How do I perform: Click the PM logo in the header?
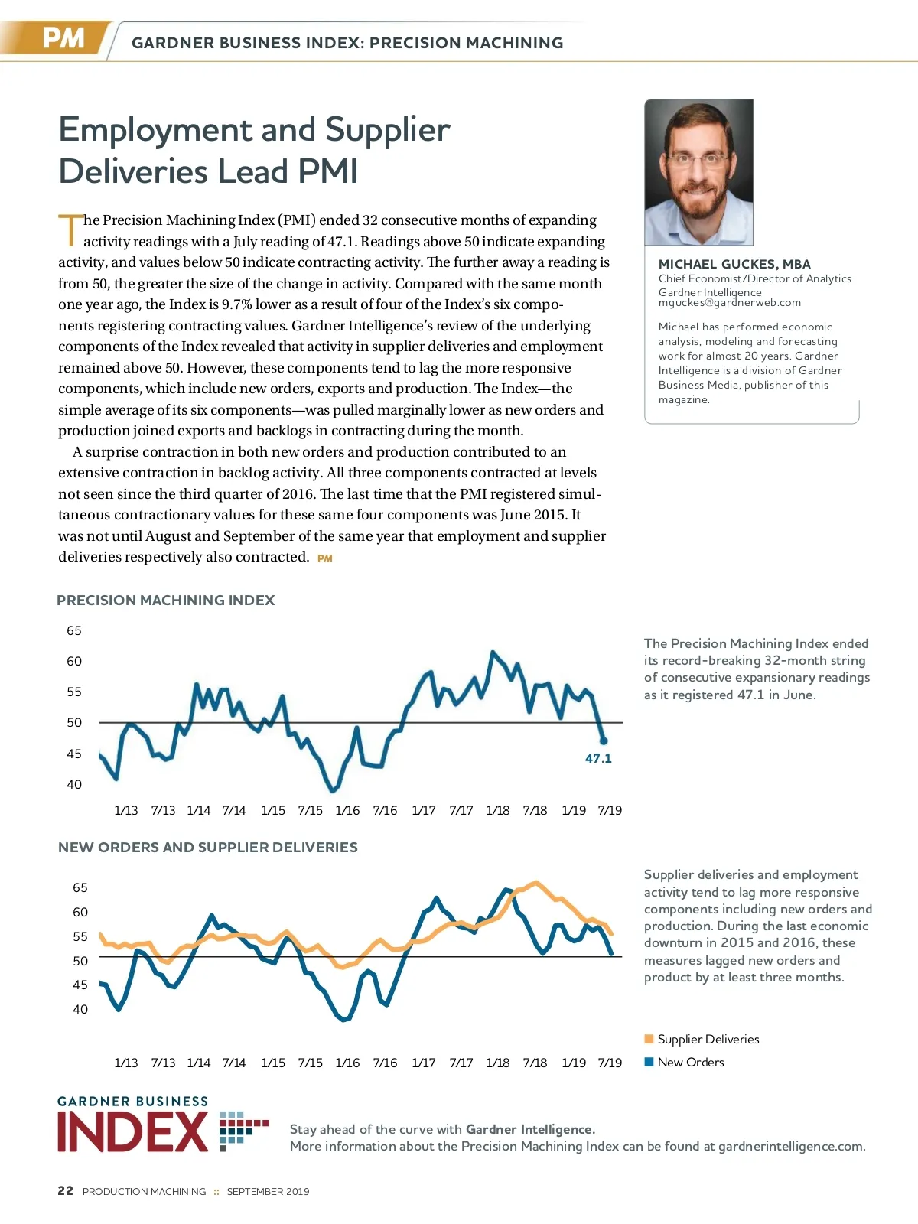63,38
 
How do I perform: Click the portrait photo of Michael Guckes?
698,172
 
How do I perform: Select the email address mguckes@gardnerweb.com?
729,303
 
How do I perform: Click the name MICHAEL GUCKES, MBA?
734,264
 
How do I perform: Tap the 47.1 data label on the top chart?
598,758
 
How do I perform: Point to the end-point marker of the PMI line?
604,741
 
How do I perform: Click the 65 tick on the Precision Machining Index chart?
74,631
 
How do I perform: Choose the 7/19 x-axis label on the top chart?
610,810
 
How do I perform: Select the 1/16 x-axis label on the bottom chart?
347,1063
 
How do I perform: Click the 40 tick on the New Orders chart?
80,1009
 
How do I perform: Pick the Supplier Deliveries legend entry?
708,1039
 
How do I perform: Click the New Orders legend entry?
690,1062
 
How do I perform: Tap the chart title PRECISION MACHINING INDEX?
165,601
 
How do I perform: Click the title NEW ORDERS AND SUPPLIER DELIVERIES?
208,848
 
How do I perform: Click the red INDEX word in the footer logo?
132,1132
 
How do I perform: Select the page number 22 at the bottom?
66,1190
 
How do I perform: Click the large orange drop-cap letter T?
70,229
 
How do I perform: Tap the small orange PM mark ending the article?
325,558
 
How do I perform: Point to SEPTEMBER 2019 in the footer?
268,1191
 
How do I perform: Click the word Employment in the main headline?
157,130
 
